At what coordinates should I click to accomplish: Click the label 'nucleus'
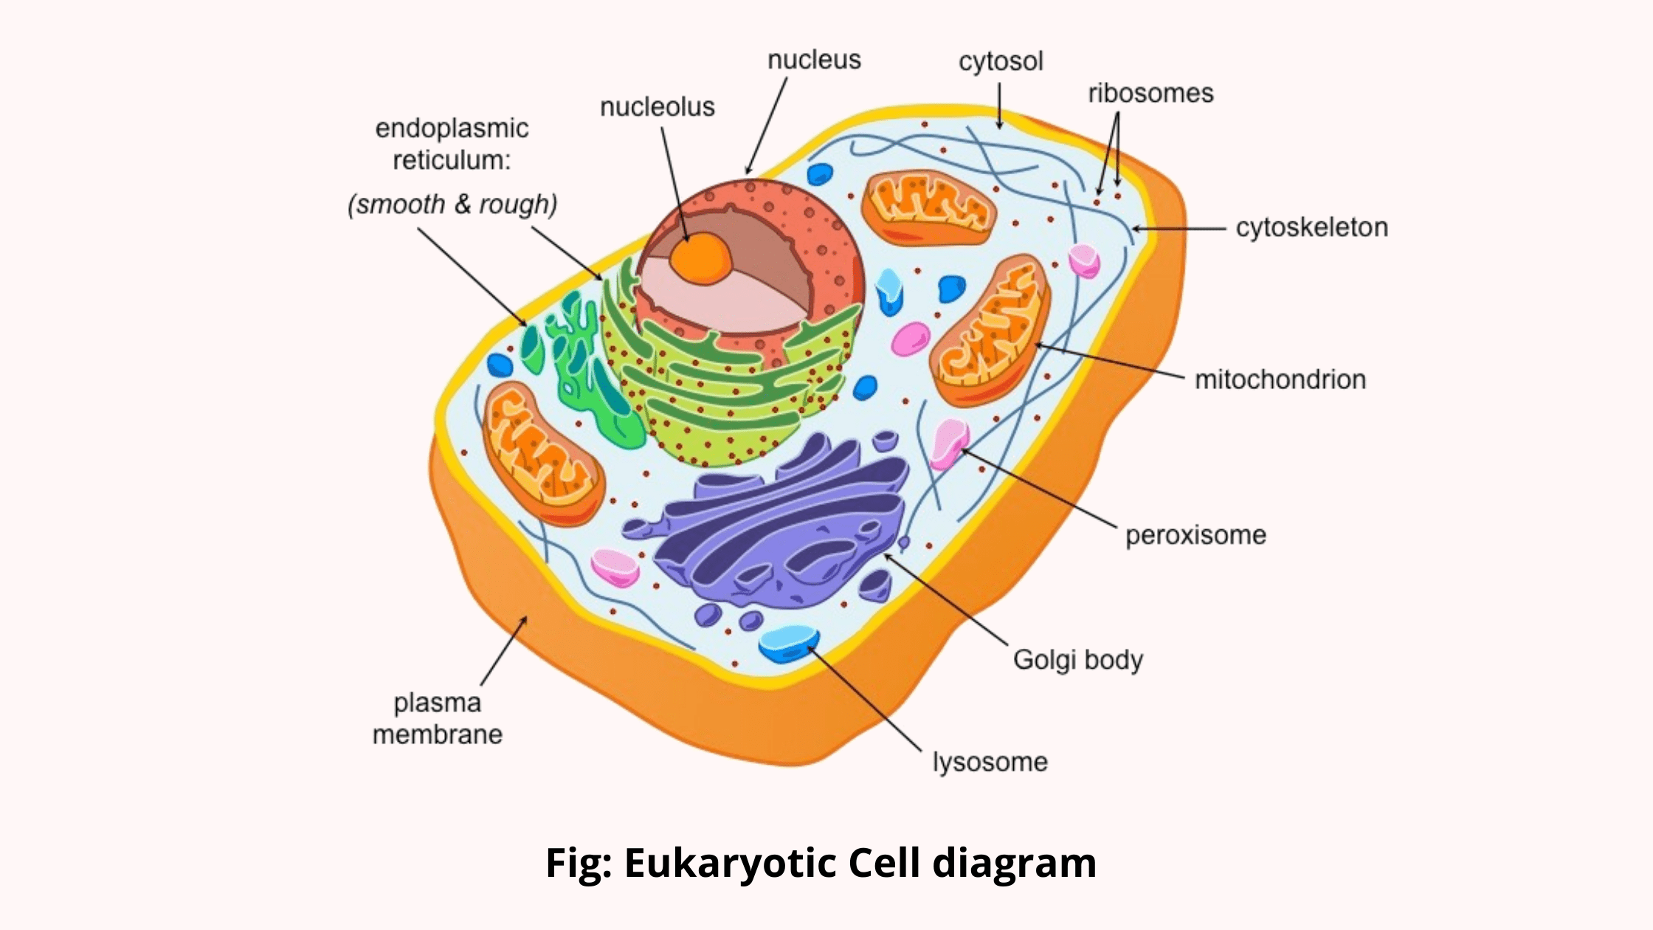point(814,60)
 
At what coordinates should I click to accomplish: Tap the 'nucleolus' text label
point(657,107)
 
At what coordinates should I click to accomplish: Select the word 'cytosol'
point(1001,61)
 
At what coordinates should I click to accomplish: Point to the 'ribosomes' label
point(1150,93)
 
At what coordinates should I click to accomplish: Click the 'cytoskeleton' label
point(1311,227)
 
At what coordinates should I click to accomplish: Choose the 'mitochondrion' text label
point(1280,379)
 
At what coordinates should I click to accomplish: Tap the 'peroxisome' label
point(1195,535)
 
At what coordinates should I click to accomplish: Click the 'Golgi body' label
point(1077,660)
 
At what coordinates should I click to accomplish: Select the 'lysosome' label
point(990,762)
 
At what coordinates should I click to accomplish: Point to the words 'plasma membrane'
point(437,718)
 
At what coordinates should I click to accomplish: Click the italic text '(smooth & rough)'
point(452,204)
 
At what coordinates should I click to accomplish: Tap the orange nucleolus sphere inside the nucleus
point(700,258)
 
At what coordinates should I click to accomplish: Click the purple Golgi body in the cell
point(782,524)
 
